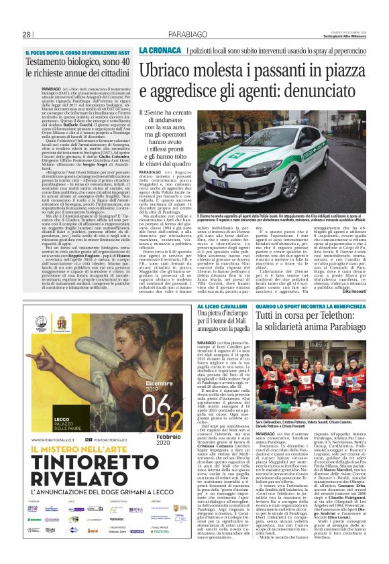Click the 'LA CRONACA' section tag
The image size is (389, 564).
159,50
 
